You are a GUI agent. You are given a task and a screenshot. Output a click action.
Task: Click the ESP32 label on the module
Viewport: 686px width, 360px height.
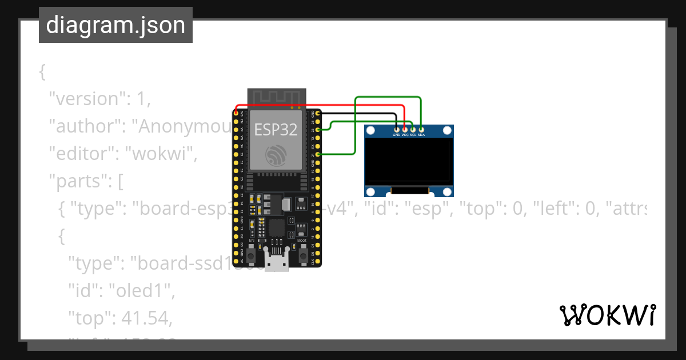(276, 129)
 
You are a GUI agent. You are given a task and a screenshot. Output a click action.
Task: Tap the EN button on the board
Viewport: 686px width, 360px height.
(252, 254)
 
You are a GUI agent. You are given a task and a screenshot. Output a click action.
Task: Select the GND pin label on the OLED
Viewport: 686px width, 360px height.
(396, 135)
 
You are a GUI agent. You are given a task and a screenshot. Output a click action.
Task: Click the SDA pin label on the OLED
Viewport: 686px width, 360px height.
(421, 135)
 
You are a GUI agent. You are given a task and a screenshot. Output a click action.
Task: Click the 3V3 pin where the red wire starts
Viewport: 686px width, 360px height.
(236, 114)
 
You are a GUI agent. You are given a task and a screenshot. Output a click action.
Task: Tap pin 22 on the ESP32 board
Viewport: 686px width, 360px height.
(317, 130)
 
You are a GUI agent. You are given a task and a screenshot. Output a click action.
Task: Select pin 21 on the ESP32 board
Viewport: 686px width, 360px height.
(317, 154)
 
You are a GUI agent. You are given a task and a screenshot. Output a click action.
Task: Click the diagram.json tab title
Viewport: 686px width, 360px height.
(115, 25)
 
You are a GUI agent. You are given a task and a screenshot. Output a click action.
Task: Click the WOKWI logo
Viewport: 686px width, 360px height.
(608, 315)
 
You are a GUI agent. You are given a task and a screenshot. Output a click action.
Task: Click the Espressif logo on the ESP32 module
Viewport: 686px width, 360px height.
(276, 155)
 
